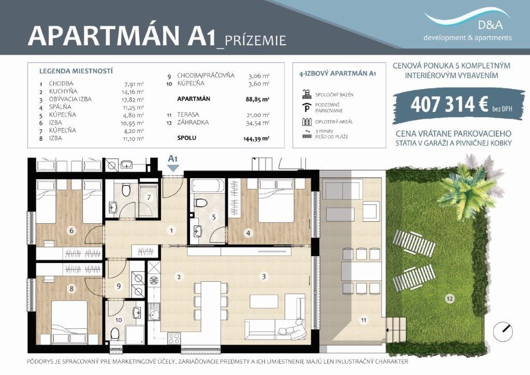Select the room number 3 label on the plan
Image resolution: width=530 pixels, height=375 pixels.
coord(263,276)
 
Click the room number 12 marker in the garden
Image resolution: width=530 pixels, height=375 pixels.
coord(449,298)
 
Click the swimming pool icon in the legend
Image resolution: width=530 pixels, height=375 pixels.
coord(306,94)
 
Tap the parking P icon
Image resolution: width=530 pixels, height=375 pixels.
coord(306,108)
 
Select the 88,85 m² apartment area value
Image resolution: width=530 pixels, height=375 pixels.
coord(257,99)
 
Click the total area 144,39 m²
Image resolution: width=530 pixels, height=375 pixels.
coord(256,138)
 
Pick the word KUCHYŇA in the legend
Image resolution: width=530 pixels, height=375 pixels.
coord(63,91)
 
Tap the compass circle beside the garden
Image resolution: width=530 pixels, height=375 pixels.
coord(503,330)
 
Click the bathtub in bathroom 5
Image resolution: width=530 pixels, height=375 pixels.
coord(207,186)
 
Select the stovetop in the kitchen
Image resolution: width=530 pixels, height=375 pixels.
coord(174,338)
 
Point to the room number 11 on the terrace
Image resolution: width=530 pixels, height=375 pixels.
coord(363,320)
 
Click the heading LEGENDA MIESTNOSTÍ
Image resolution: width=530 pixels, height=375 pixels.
coord(76,71)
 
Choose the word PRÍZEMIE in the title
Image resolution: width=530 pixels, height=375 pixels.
coord(256,40)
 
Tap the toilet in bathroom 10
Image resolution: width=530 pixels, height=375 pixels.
coord(115,334)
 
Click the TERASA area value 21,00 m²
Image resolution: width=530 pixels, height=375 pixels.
coord(258,115)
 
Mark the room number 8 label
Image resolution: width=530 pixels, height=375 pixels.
coord(71,289)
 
